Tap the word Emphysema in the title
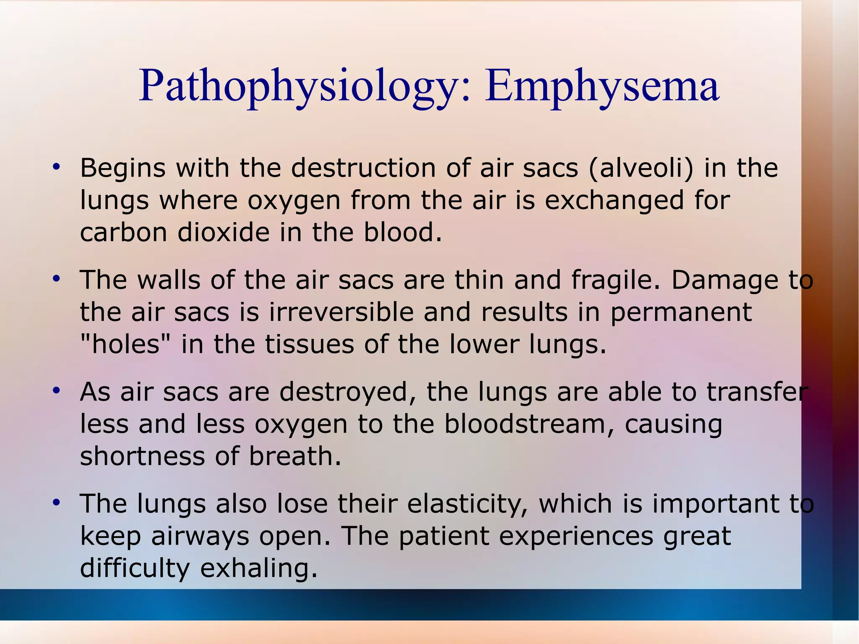point(602,86)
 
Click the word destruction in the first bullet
point(363,168)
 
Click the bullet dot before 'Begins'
point(56,167)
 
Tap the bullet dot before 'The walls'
point(56,279)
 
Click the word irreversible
point(341,312)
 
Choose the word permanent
point(681,313)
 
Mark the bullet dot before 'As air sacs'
point(56,391)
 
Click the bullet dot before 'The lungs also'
point(56,502)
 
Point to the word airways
point(200,536)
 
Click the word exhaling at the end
point(259,568)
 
